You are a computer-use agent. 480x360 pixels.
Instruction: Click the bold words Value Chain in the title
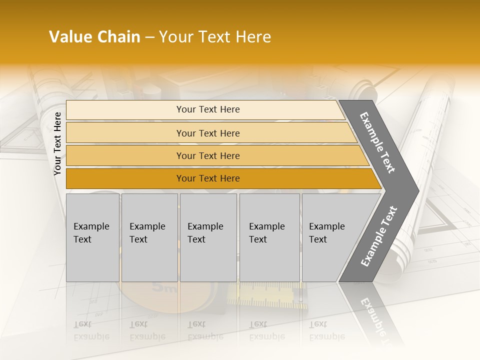click(94, 37)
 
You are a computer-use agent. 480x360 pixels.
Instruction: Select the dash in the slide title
click(149, 37)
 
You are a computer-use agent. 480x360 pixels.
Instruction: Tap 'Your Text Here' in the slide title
click(215, 37)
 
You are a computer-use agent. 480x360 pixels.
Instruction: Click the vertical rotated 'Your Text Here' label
click(57, 144)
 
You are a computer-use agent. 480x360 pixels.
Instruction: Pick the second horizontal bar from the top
click(207, 133)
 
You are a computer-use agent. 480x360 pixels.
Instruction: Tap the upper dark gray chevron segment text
click(377, 142)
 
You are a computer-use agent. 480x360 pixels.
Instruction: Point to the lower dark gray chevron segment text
click(378, 236)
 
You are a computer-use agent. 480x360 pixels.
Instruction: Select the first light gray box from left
click(92, 237)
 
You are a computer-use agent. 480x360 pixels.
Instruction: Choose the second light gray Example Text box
click(149, 237)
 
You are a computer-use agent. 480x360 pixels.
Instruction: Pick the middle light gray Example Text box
click(208, 237)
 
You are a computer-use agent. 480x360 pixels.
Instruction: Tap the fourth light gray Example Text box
click(269, 237)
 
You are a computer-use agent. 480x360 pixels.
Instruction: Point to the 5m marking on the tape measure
click(164, 288)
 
